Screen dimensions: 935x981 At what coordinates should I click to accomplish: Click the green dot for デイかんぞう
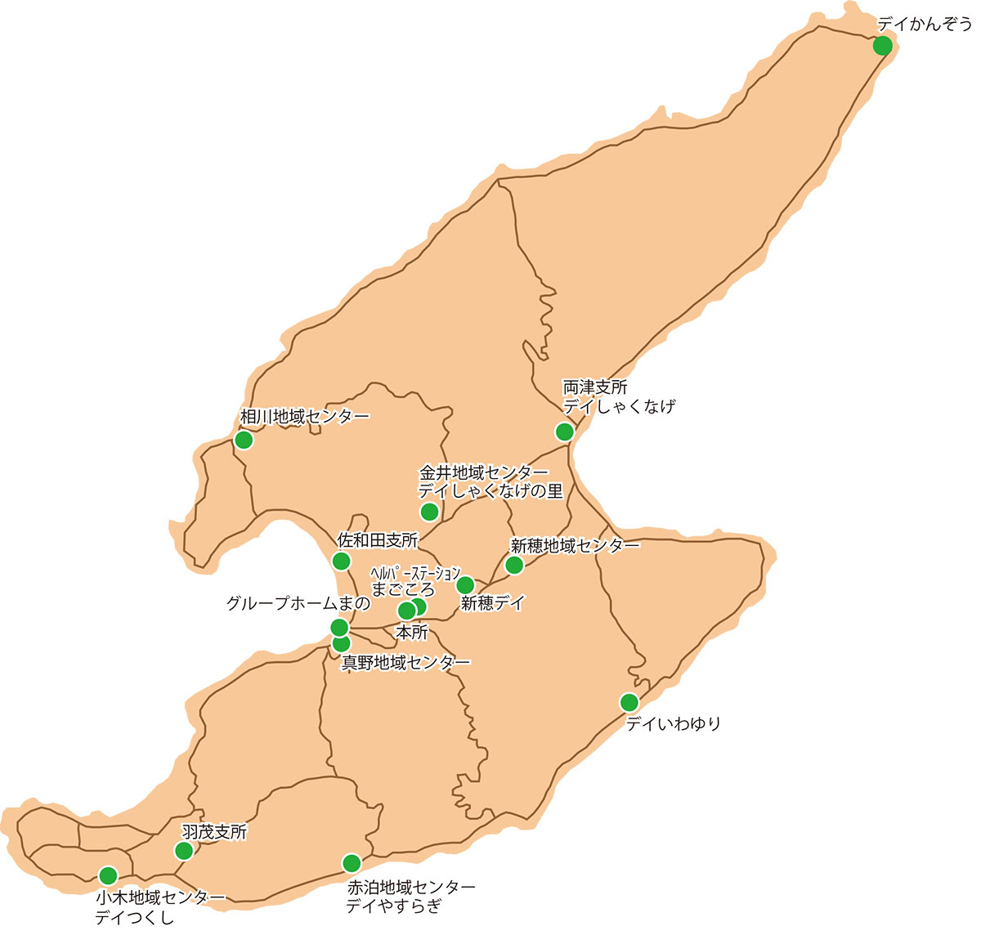[882, 46]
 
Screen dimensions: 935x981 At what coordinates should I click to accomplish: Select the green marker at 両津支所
[564, 432]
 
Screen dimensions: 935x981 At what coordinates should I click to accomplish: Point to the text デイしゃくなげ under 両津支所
[619, 405]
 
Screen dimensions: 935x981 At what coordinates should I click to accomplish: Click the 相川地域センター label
[305, 417]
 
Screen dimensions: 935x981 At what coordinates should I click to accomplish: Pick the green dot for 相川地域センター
[244, 441]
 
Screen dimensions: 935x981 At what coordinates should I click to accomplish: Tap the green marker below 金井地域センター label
[429, 512]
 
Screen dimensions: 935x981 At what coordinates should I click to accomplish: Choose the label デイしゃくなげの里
[490, 491]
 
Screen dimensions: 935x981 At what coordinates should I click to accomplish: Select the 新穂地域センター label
[575, 545]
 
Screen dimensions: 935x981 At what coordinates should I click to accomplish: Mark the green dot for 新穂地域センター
[514, 566]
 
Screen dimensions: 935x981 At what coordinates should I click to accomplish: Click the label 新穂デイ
[492, 604]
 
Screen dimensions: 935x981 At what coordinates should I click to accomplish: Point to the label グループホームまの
[298, 604]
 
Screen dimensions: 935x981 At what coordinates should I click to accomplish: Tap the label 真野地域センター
[405, 663]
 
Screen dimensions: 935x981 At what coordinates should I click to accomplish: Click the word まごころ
[403, 588]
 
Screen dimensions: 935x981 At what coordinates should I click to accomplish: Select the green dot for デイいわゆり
[629, 702]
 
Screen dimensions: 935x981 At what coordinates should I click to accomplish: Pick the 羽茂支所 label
[214, 833]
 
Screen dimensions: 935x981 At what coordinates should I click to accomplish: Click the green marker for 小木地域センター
[108, 875]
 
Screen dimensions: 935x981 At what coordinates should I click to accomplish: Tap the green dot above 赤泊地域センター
[352, 863]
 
